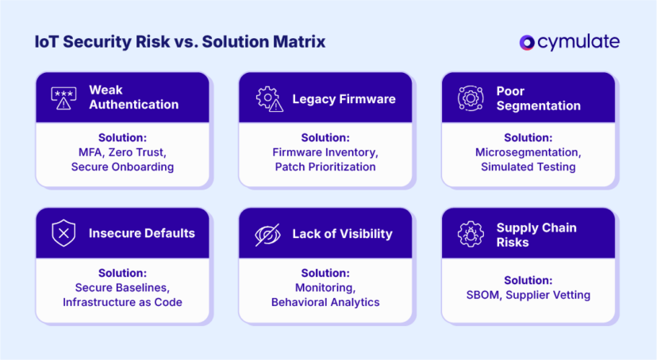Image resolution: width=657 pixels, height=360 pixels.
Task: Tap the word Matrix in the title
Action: coord(297,42)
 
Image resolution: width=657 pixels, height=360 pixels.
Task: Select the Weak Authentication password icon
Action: coord(64,98)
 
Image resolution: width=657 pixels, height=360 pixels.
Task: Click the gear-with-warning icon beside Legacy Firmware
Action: coord(268,98)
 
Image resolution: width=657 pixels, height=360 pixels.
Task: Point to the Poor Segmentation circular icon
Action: coord(471,98)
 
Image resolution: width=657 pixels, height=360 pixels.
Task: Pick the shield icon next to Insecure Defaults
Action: coord(64,233)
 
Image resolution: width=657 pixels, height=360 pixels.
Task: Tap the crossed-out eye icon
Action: coord(267,234)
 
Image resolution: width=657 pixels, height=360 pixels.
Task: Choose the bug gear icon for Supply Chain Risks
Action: coord(471,234)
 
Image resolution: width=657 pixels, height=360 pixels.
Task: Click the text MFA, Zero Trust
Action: coord(122,152)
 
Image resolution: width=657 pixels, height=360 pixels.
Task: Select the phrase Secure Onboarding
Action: coord(122,167)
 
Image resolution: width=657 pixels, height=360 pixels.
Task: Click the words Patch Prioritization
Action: coord(325,167)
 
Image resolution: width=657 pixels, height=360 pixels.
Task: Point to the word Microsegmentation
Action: coord(528,152)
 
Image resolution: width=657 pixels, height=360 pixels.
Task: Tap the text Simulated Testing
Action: coord(528,167)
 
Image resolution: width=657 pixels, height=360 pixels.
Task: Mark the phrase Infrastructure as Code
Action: coord(122,302)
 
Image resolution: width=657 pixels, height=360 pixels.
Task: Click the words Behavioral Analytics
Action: coord(325,302)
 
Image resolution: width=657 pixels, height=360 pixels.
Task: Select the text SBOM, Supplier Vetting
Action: coord(528,295)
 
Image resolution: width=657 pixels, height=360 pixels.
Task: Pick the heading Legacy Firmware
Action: coord(344,98)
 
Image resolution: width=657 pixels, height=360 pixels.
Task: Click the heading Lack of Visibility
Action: coord(342,234)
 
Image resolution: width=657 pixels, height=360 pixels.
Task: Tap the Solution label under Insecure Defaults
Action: coord(122,274)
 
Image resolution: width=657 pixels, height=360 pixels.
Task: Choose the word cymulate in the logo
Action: coord(580,42)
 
